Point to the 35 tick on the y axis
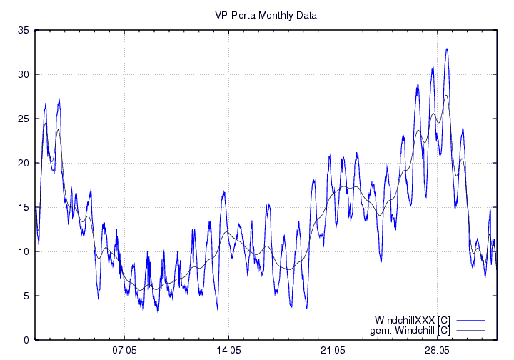(x=24, y=30)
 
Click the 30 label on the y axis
(x=24, y=74)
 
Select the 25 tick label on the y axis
(x=24, y=119)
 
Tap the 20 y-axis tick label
(x=24, y=163)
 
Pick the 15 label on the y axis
(x=24, y=207)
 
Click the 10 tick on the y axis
(x=24, y=251)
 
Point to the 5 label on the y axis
(x=26, y=296)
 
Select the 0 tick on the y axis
(x=26, y=340)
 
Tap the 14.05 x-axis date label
(x=228, y=351)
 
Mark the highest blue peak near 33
(x=447, y=49)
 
